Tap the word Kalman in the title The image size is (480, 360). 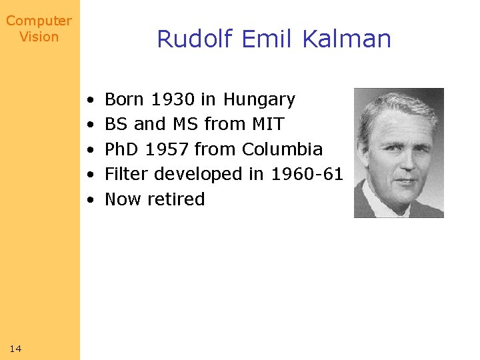(x=347, y=39)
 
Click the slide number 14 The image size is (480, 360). (x=16, y=348)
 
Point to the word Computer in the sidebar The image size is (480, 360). (x=39, y=21)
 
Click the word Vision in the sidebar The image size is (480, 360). (x=39, y=37)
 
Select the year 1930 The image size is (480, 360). (x=173, y=100)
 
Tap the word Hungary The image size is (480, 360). (x=259, y=100)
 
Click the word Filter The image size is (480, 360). (x=127, y=174)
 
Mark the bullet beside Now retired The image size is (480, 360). (x=90, y=200)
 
